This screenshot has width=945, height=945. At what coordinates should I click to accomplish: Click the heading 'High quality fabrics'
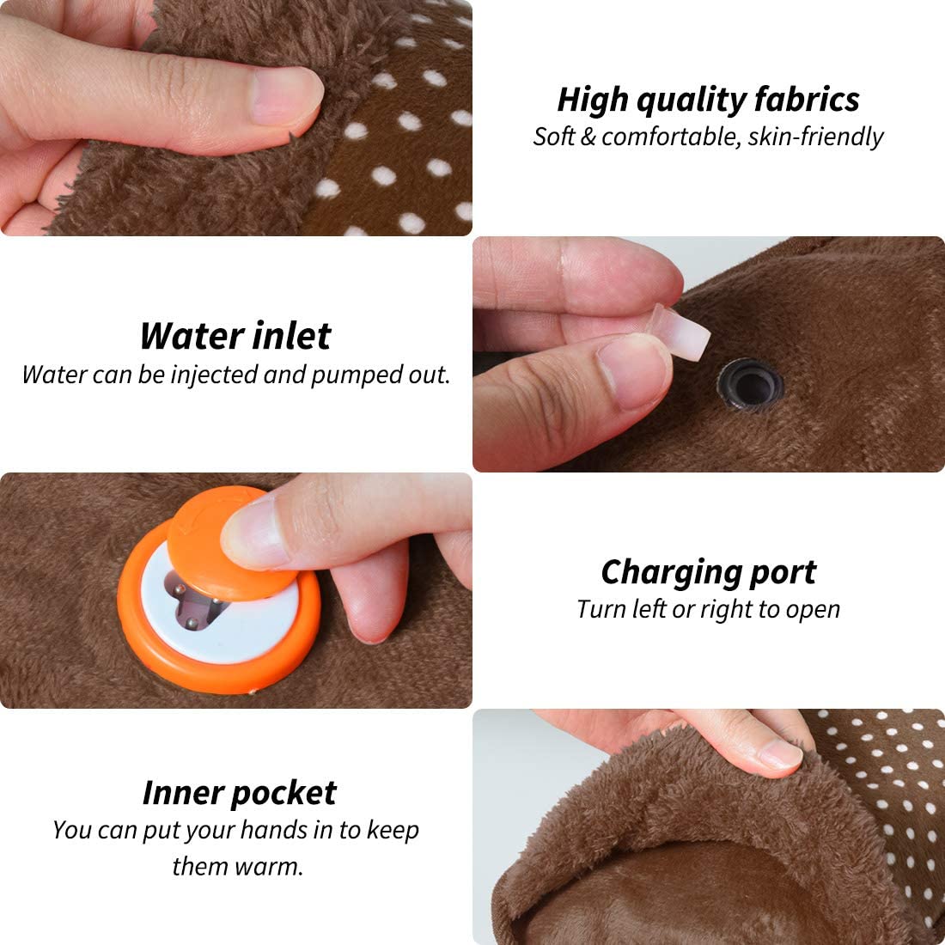708,100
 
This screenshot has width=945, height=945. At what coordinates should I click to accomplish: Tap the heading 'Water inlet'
235,336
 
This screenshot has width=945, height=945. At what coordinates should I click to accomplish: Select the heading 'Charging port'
708,572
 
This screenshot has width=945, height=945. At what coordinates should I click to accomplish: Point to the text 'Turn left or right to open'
708,609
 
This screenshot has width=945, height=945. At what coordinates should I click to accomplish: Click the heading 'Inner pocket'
239,793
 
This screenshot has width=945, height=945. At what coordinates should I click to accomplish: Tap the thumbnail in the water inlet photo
631,369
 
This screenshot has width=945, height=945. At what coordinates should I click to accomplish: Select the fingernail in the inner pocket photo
780,753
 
